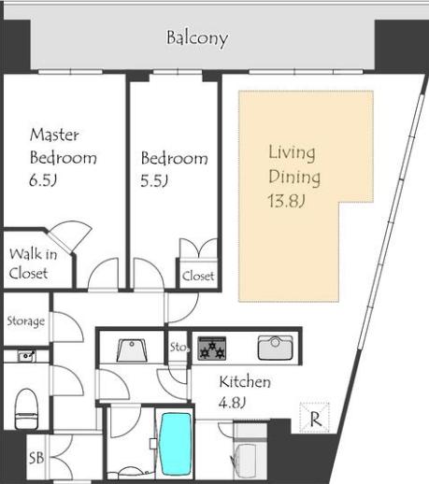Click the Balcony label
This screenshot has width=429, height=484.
coord(197,38)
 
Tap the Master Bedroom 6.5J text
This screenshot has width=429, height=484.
coord(63,157)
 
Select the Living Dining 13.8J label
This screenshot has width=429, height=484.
coord(294,177)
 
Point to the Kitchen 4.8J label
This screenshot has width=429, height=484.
coord(245,391)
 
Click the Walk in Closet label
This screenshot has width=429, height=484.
coord(33,263)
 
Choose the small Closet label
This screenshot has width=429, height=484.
coord(198,276)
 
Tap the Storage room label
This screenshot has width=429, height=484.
coord(26,321)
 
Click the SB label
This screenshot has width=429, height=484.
coord(36,458)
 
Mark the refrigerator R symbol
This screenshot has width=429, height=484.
coord(314,418)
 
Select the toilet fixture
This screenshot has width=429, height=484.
coord(26,409)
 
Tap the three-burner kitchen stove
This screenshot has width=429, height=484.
coord(212,349)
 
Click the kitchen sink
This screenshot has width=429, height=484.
coord(276,348)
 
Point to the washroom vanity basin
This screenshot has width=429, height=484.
coord(132,350)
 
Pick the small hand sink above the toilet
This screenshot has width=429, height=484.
coord(26,356)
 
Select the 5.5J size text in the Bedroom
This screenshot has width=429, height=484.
coord(154,180)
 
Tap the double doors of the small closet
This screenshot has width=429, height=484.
coord(198,249)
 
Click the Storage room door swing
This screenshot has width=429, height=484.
coord(68,326)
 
